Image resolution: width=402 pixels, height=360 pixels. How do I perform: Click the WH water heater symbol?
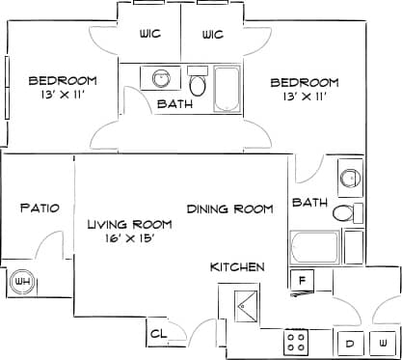21,283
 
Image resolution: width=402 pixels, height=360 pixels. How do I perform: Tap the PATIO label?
40,208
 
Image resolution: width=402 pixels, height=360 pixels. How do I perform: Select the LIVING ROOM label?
130,224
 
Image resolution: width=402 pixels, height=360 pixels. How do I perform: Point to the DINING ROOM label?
230,208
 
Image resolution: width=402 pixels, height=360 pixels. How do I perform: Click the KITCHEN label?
238,266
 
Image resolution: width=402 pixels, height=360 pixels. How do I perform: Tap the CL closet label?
159,335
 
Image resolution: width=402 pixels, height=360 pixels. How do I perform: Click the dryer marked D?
349,342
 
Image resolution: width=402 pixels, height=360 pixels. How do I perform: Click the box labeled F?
302,280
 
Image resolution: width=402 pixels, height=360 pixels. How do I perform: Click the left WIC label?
149,35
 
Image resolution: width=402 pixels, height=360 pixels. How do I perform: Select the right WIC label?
213,35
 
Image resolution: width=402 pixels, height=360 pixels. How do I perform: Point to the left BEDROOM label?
63,80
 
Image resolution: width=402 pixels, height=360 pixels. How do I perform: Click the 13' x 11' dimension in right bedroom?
305,97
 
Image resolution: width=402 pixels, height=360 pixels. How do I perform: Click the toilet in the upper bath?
199,84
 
